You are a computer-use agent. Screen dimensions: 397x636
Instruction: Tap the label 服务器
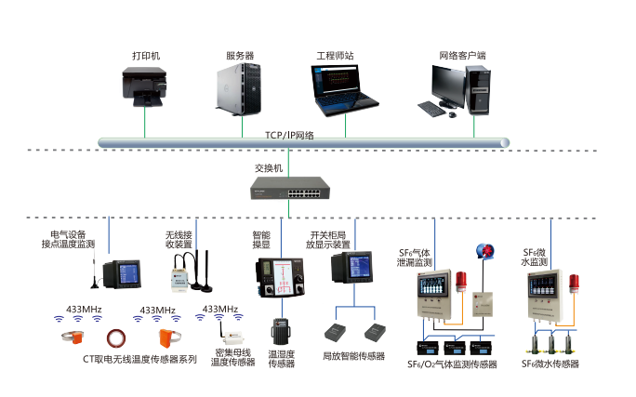click(240, 56)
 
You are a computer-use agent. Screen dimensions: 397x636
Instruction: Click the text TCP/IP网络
click(290, 136)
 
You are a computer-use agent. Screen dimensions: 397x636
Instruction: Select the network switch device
click(289, 192)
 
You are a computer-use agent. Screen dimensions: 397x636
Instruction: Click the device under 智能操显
click(274, 279)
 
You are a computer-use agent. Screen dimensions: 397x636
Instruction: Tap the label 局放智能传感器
click(353, 355)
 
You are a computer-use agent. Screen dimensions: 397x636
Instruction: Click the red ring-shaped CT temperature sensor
click(117, 337)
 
